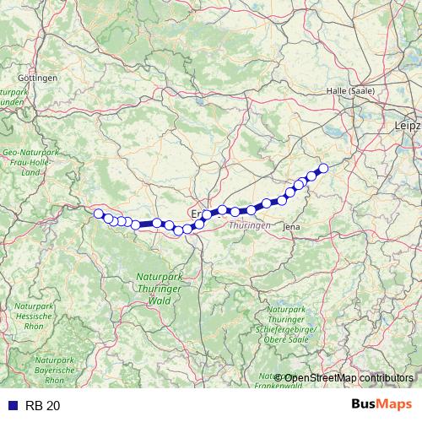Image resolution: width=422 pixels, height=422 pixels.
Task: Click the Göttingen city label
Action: pos(42,78)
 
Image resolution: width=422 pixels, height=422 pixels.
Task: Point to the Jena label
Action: pos(292,227)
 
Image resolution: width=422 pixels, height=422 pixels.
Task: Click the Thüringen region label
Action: pos(249,225)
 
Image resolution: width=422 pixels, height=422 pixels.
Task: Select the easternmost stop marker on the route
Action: pos(322,167)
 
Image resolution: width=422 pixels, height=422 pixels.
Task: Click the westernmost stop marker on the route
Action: pos(99,214)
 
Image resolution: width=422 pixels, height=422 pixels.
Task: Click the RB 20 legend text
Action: pos(43,406)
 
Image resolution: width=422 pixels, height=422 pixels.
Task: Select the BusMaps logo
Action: pos(382,405)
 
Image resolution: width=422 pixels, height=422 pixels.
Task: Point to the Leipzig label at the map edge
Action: pos(408,126)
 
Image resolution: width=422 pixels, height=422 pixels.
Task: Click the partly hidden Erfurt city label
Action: pos(197,214)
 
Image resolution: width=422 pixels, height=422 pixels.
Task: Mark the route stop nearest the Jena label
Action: pos(282,200)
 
